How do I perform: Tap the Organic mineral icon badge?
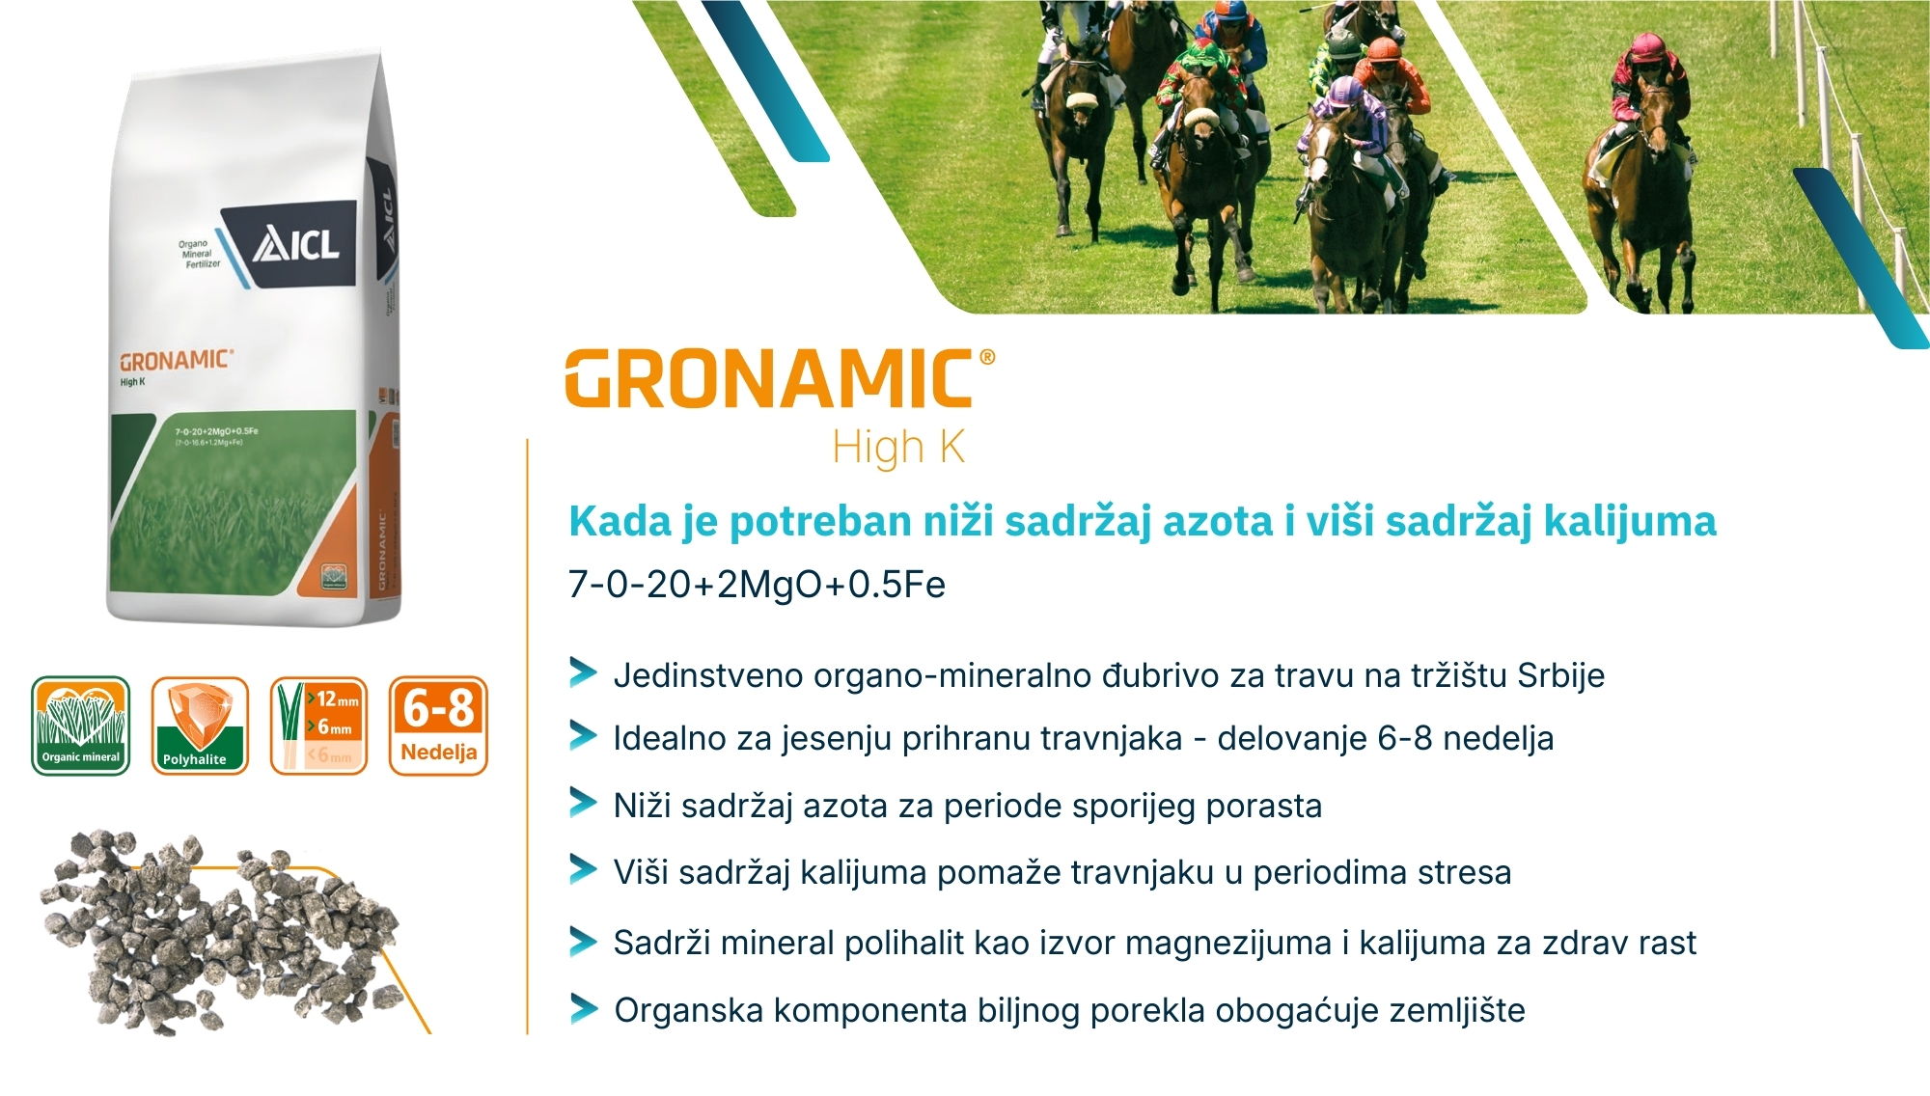[x=81, y=726]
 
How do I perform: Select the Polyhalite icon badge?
[x=200, y=726]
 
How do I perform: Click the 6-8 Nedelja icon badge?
[x=438, y=726]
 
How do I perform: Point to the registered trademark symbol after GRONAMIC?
[x=986, y=357]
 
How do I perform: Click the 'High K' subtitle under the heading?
[x=898, y=448]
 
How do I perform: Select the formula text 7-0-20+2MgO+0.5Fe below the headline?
[x=757, y=585]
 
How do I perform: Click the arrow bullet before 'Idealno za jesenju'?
[x=583, y=737]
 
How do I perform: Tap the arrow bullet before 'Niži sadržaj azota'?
[x=583, y=803]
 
